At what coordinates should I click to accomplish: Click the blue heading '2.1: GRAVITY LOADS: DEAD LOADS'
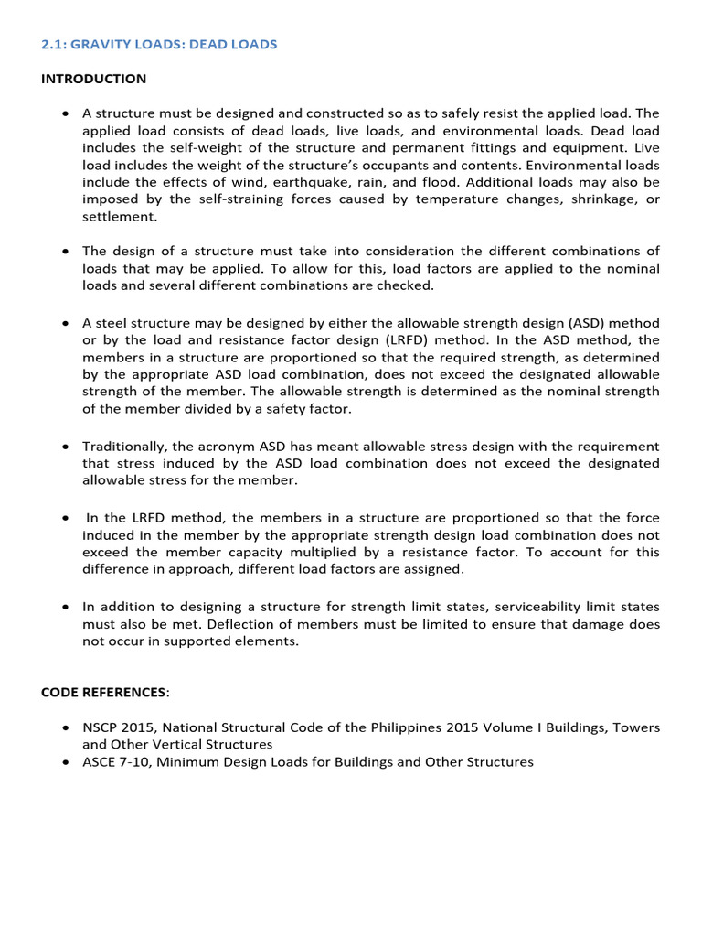(158, 44)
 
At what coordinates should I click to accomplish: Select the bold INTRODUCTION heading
(93, 79)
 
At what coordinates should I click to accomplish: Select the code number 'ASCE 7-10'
(115, 761)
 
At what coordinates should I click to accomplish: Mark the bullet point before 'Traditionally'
(65, 447)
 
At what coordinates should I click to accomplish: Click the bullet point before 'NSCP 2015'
(65, 728)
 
